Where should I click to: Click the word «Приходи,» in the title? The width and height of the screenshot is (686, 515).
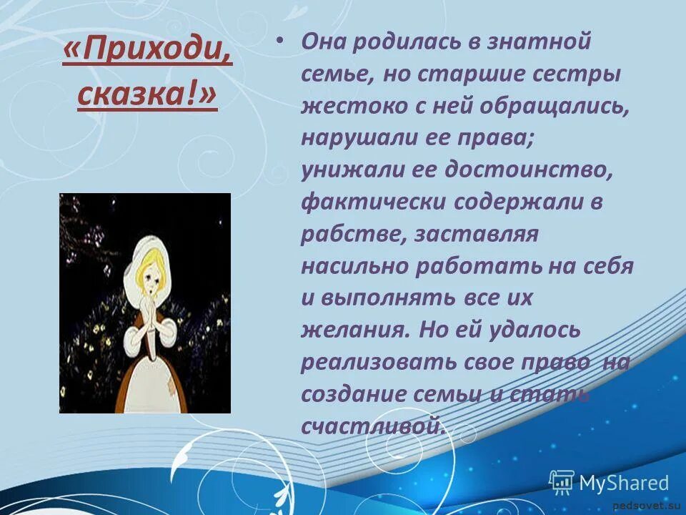click(x=147, y=54)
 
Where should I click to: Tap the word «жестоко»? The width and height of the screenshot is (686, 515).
click(x=346, y=106)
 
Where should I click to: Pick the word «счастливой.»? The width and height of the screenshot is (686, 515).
click(x=374, y=427)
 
